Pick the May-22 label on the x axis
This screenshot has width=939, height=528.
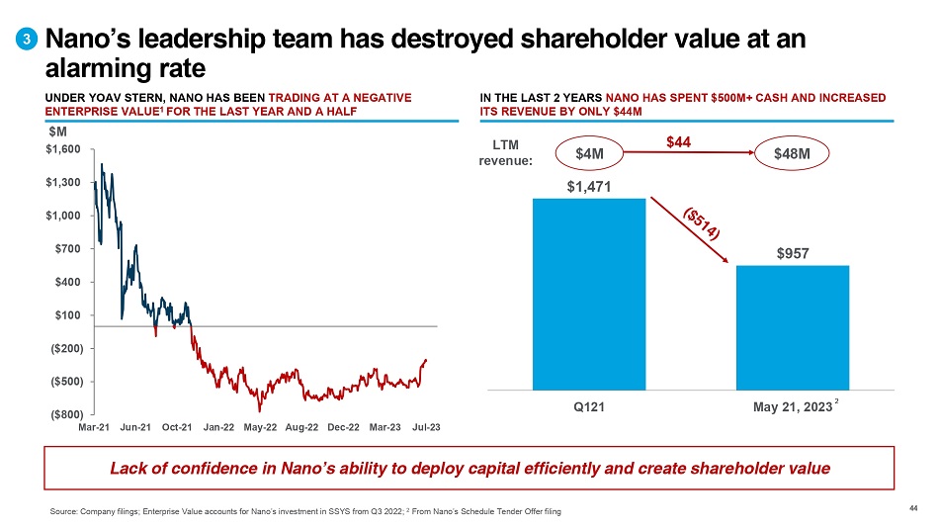click(259, 427)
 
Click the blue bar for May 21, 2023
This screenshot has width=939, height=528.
click(793, 327)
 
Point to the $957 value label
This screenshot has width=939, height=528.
click(793, 253)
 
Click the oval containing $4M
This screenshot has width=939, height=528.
click(589, 153)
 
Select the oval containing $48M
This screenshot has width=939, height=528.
click(793, 153)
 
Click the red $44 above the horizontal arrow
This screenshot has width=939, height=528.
click(678, 143)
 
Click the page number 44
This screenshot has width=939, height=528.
click(912, 509)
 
